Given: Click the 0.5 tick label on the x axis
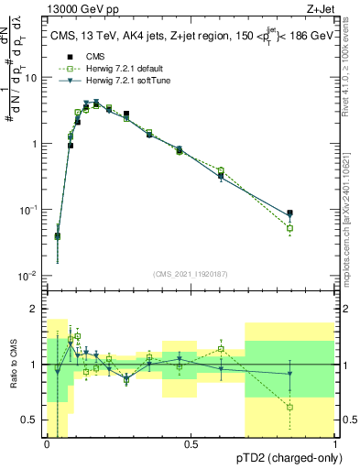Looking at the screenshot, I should tap(191, 444).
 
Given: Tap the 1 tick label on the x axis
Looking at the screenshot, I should tap(335, 444).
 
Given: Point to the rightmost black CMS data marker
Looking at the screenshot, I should tap(290, 213).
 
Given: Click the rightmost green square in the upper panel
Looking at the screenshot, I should tap(290, 228).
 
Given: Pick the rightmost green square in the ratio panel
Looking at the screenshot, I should tap(290, 407).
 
